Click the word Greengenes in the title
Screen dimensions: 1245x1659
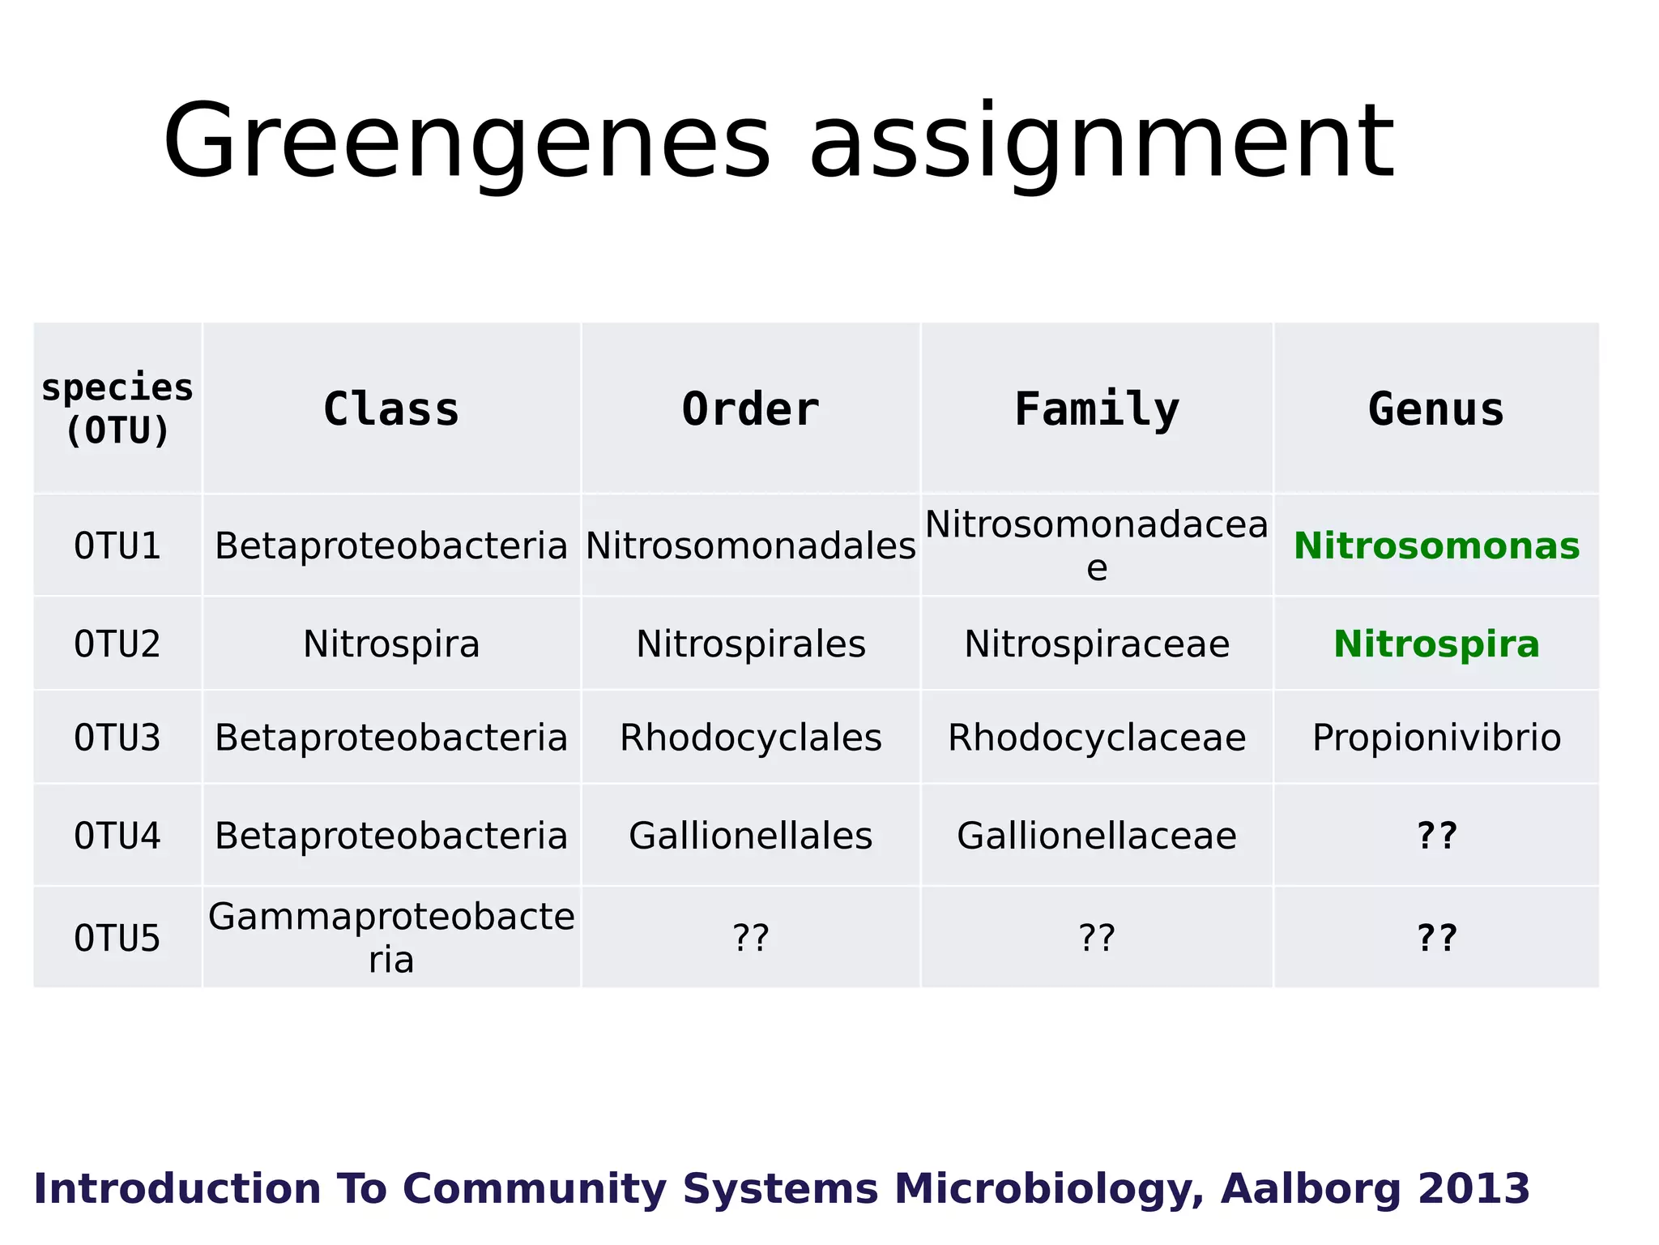466,142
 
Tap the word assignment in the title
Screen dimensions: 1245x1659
1102,142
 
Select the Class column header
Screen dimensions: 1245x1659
391,409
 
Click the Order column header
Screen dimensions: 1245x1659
750,409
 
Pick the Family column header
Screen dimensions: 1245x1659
1097,409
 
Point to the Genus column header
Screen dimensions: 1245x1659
1436,409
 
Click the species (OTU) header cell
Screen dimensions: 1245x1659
117,409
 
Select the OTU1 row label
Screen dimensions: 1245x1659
117,545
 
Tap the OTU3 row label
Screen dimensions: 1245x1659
117,738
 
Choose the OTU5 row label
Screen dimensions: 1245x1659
117,938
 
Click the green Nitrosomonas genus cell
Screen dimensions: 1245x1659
1436,545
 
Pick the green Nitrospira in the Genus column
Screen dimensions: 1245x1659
1436,644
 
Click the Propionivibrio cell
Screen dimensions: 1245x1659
1436,738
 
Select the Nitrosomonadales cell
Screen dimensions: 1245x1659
750,545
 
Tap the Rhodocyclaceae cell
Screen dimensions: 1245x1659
1097,738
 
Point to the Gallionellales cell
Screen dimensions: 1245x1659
750,836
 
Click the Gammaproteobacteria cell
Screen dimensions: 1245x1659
391,938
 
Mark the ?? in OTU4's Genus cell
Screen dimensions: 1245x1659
1436,836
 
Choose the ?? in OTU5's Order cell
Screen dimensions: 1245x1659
750,938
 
